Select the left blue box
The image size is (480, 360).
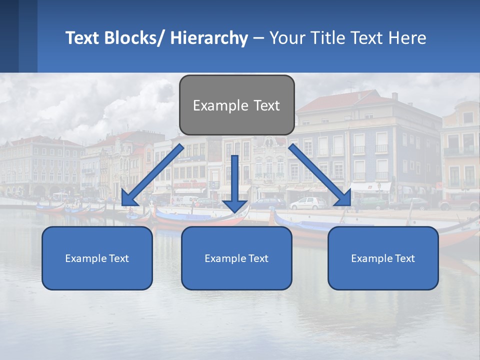click(x=97, y=258)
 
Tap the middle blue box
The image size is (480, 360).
click(x=236, y=258)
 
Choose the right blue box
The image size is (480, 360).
click(x=383, y=258)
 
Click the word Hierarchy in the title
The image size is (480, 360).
click(x=208, y=38)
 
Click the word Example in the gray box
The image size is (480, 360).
click(x=214, y=105)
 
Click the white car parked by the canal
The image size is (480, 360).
click(x=307, y=203)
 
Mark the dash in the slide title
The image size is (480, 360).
click(x=258, y=38)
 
